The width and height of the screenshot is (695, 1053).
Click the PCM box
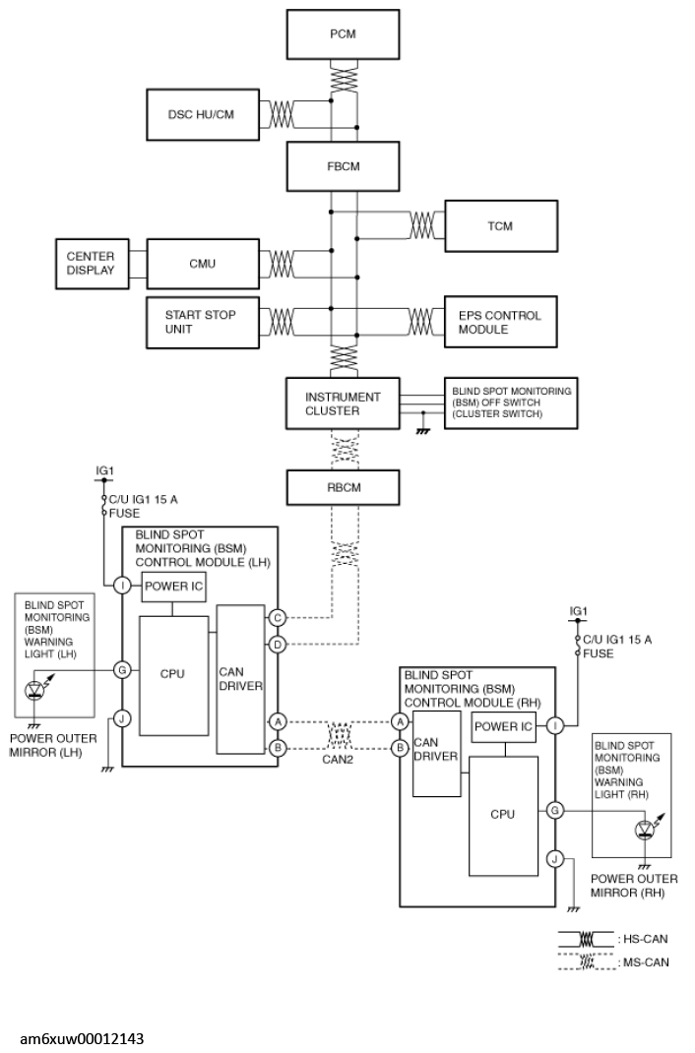click(x=343, y=34)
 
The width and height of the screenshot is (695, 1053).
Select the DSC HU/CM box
click(x=203, y=115)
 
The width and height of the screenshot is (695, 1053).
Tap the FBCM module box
click(x=343, y=166)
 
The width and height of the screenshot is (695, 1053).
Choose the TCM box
click(x=501, y=226)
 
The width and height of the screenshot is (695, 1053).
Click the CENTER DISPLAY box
click(x=92, y=264)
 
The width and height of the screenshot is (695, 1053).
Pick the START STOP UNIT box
click(x=203, y=323)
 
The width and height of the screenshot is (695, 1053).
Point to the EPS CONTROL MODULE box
click(x=501, y=323)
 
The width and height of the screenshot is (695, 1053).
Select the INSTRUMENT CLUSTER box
click(x=343, y=403)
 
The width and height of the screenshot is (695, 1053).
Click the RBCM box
click(x=343, y=487)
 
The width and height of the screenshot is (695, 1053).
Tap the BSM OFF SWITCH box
click(x=511, y=403)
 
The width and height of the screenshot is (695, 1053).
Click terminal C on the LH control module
click(x=277, y=618)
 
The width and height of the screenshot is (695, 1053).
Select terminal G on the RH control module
click(x=554, y=811)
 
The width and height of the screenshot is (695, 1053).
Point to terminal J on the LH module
click(x=121, y=718)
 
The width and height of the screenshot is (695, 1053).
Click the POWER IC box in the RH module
click(x=504, y=726)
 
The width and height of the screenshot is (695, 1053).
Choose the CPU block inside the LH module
click(x=173, y=675)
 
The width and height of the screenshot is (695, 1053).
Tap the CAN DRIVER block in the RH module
click(x=436, y=754)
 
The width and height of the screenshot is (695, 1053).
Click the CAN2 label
click(x=338, y=760)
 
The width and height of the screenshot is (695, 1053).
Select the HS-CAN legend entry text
click(x=643, y=939)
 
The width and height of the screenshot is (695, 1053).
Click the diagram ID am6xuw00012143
click(x=82, y=1039)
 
